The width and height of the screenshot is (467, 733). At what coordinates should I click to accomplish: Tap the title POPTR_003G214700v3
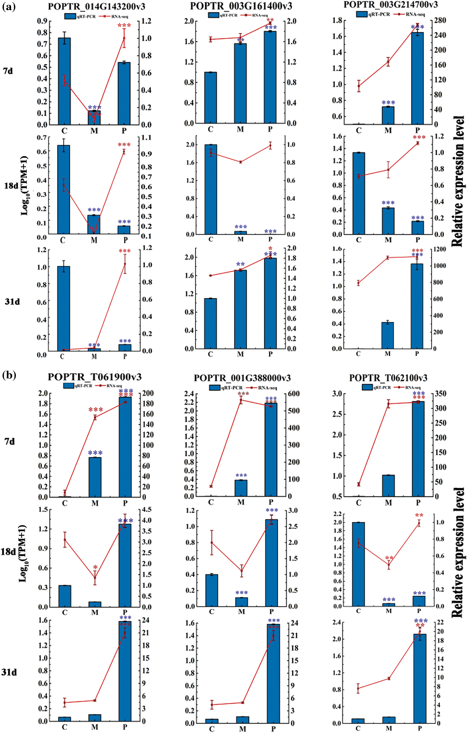coord(391,5)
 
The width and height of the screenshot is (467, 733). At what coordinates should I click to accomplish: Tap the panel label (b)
coord(9,375)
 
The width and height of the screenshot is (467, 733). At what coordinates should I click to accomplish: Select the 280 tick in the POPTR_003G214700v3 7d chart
coord(440,20)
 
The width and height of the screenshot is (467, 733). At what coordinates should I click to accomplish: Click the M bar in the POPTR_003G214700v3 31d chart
coord(388,335)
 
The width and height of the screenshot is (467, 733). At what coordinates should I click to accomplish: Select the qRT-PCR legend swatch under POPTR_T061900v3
coord(69,386)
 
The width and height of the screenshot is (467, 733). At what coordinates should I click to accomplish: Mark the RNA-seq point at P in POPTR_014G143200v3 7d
coord(124,38)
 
